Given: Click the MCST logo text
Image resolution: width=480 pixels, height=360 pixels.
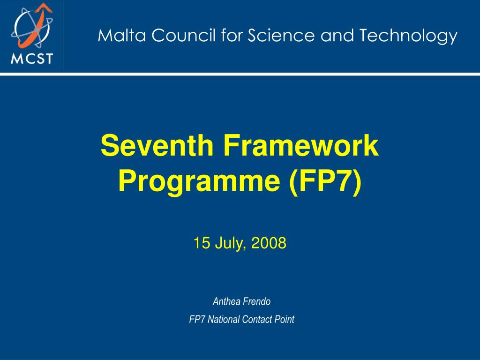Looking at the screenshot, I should tap(32, 59).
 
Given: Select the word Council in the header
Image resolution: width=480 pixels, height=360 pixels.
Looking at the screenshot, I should tap(172, 36).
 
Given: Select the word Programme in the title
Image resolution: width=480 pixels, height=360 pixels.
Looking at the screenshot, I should tap(199, 181).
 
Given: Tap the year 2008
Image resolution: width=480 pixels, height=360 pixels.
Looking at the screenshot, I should tap(268, 243).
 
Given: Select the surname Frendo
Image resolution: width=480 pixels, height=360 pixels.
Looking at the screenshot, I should tap(257, 301).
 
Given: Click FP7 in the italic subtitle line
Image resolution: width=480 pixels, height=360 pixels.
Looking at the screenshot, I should tap(197, 320).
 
